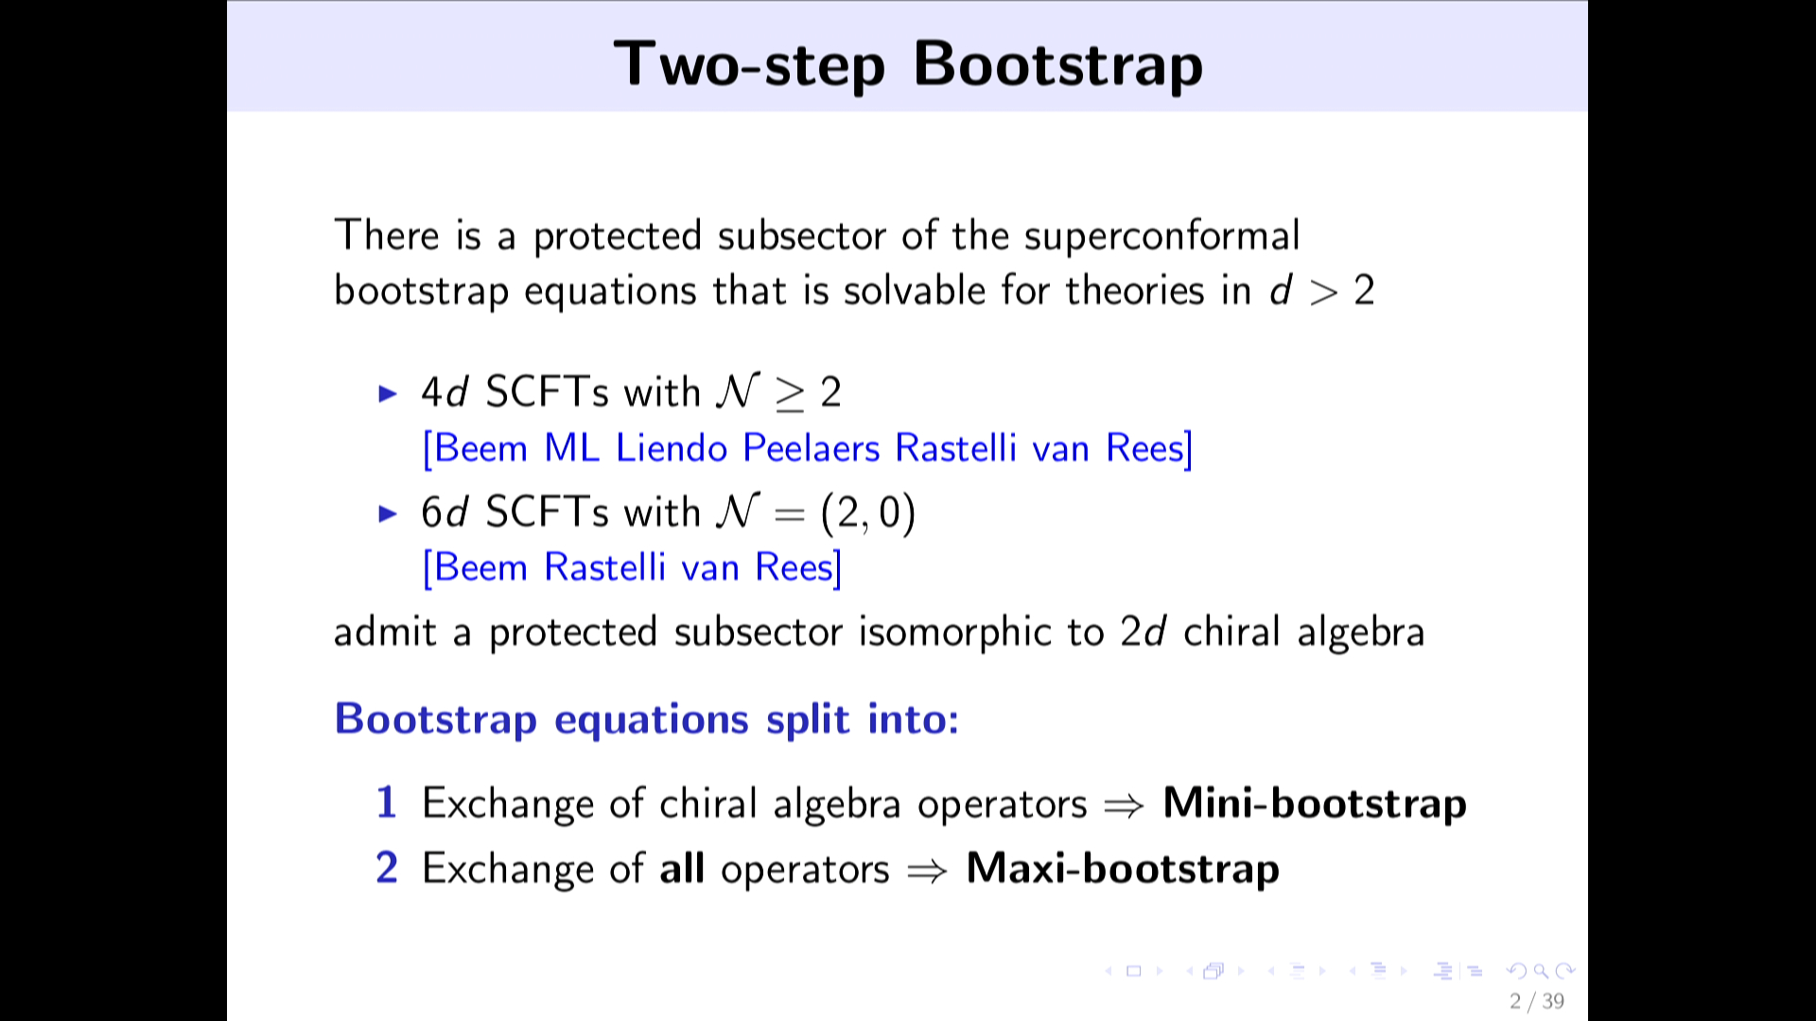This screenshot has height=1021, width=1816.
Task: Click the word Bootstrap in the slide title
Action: click(1058, 65)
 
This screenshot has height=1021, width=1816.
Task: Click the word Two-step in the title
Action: click(749, 65)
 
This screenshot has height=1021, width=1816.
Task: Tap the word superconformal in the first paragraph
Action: click(1161, 236)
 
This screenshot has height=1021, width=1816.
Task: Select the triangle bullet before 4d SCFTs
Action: click(388, 393)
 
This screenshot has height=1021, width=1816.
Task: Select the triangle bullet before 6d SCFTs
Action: click(388, 513)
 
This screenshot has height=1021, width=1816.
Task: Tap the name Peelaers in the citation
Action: click(812, 448)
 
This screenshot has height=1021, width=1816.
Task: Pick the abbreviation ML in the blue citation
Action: click(572, 448)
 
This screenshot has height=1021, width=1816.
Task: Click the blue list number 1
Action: click(386, 803)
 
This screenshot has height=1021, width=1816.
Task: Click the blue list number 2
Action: click(387, 868)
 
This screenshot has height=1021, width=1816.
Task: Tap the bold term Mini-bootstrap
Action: click(1315, 804)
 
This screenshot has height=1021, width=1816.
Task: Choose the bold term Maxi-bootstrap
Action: click(1123, 869)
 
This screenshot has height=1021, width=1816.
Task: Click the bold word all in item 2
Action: click(682, 868)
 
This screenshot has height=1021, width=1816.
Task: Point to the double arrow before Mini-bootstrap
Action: click(1125, 805)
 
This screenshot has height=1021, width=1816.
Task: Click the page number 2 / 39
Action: click(1537, 1001)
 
